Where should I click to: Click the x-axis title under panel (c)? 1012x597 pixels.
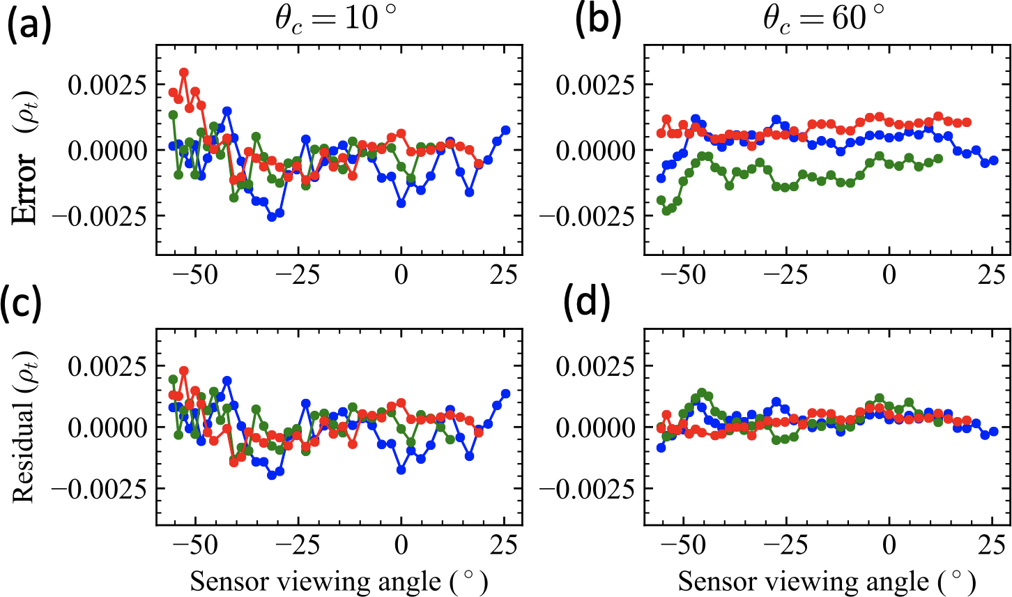339,581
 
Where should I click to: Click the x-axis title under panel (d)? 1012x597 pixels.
827,581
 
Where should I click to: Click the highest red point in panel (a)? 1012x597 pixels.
184,73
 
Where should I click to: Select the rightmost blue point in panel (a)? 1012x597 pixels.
506,130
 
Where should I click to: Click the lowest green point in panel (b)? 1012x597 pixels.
666,210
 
